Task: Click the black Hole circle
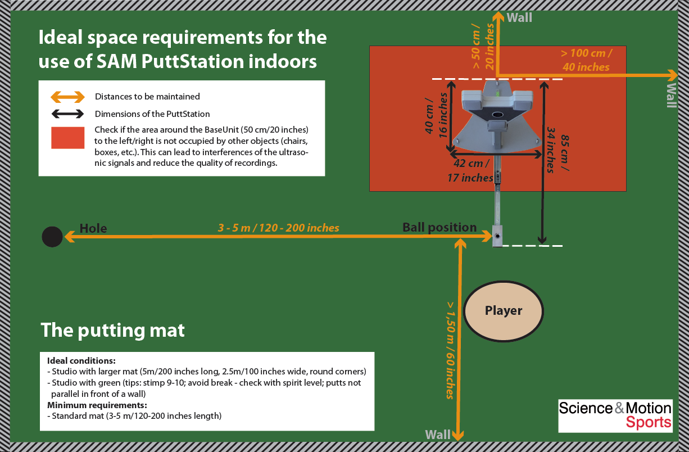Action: pos(52,237)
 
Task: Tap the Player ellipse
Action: pos(503,311)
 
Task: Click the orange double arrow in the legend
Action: pos(67,97)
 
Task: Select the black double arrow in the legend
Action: pos(67,114)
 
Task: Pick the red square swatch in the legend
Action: pos(67,138)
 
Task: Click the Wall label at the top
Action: pos(519,17)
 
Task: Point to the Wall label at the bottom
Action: pos(438,435)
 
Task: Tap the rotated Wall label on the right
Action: pos(672,95)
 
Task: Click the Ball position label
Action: pos(439,227)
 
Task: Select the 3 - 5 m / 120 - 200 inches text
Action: pos(278,228)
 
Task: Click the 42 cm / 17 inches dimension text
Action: pos(470,170)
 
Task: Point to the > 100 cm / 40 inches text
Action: pos(586,60)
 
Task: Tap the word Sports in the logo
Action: pos(649,422)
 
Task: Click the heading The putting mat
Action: pos(112,330)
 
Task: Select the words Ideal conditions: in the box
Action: pos(81,360)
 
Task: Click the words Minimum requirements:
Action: pos(97,405)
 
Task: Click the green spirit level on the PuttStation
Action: pos(497,92)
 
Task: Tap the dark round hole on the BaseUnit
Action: pos(497,115)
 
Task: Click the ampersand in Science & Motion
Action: pos(619,408)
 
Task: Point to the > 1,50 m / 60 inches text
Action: pos(450,350)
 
